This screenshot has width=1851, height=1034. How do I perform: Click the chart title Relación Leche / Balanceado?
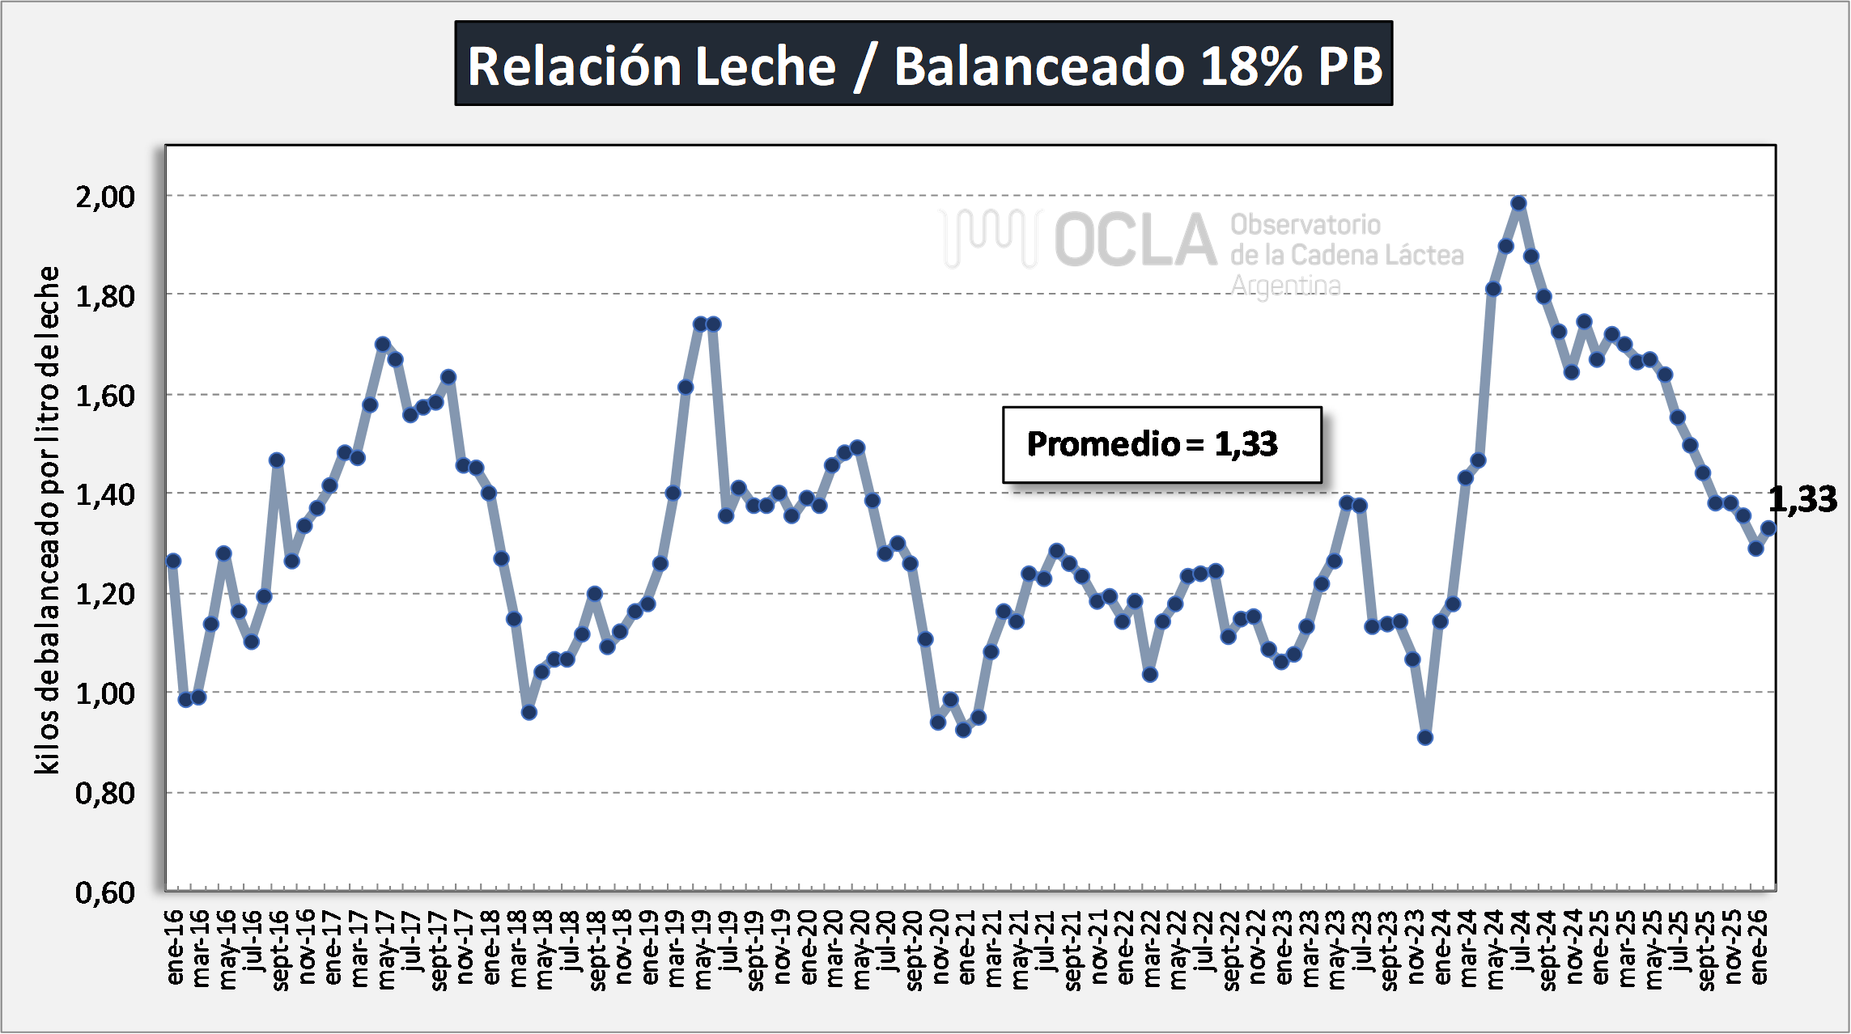tap(923, 65)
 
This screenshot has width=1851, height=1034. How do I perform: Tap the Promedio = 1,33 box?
tap(1161, 444)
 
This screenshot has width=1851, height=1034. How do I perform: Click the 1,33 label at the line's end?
tap(1802, 499)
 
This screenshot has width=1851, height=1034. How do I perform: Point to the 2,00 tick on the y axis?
tap(105, 197)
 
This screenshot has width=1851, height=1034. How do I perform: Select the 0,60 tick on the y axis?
tap(105, 892)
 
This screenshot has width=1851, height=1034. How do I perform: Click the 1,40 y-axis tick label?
tap(105, 494)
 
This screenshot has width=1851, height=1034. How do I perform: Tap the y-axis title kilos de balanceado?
tap(47, 519)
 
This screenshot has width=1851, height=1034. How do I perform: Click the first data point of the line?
tap(172, 561)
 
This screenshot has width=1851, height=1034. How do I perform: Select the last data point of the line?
tap(1768, 528)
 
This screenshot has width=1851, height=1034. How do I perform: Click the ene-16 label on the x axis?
tap(175, 947)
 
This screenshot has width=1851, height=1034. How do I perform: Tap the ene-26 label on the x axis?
tap(1760, 947)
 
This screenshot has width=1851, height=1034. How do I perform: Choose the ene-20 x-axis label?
tap(809, 947)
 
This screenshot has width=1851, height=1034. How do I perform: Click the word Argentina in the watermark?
tap(1285, 286)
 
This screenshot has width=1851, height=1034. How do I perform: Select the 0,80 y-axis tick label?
tap(105, 794)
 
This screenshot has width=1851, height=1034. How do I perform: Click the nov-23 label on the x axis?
tap(1416, 947)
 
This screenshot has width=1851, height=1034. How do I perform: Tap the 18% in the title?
tap(1250, 65)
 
